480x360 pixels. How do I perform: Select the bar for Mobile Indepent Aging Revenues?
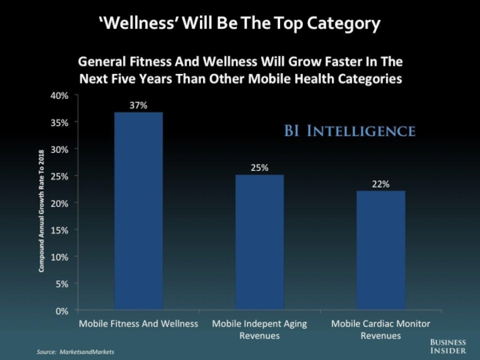[259, 242]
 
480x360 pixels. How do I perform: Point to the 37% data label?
[138, 105]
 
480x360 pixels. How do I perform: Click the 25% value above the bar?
[259, 167]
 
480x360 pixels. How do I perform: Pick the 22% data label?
[380, 184]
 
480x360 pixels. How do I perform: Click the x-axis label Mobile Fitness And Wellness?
[139, 324]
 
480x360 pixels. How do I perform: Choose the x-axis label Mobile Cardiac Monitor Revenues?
[380, 329]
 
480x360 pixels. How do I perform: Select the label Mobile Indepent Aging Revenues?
[259, 329]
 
